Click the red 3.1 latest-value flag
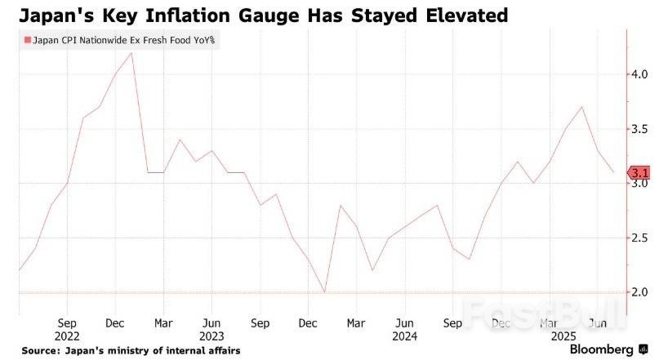tap(639, 172)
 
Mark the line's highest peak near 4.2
tap(131, 53)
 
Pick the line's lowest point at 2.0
tap(324, 292)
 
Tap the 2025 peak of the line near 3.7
tap(581, 107)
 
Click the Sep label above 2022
tap(67, 322)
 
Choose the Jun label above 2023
tap(212, 322)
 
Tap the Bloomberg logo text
tap(602, 349)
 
